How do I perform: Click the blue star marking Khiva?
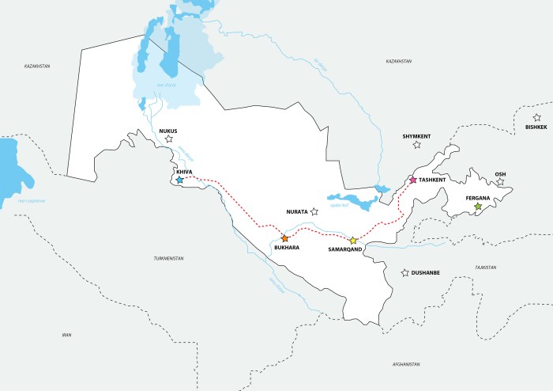pyautogui.click(x=179, y=180)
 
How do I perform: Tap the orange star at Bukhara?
pyautogui.click(x=284, y=238)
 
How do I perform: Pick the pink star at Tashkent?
pyautogui.click(x=412, y=180)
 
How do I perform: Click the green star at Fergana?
pyautogui.click(x=477, y=207)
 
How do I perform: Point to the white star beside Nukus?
pyautogui.click(x=168, y=139)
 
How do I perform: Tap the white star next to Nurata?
pyautogui.click(x=314, y=211)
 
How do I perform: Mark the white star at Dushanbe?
pyautogui.click(x=405, y=273)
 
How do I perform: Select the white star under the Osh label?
pyautogui.click(x=499, y=182)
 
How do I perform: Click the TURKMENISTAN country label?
pyautogui.click(x=168, y=259)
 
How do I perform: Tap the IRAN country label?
pyautogui.click(x=66, y=335)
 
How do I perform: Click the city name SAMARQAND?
pyautogui.click(x=344, y=250)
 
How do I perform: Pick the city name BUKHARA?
pyautogui.click(x=285, y=248)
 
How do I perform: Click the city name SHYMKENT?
pyautogui.click(x=416, y=136)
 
